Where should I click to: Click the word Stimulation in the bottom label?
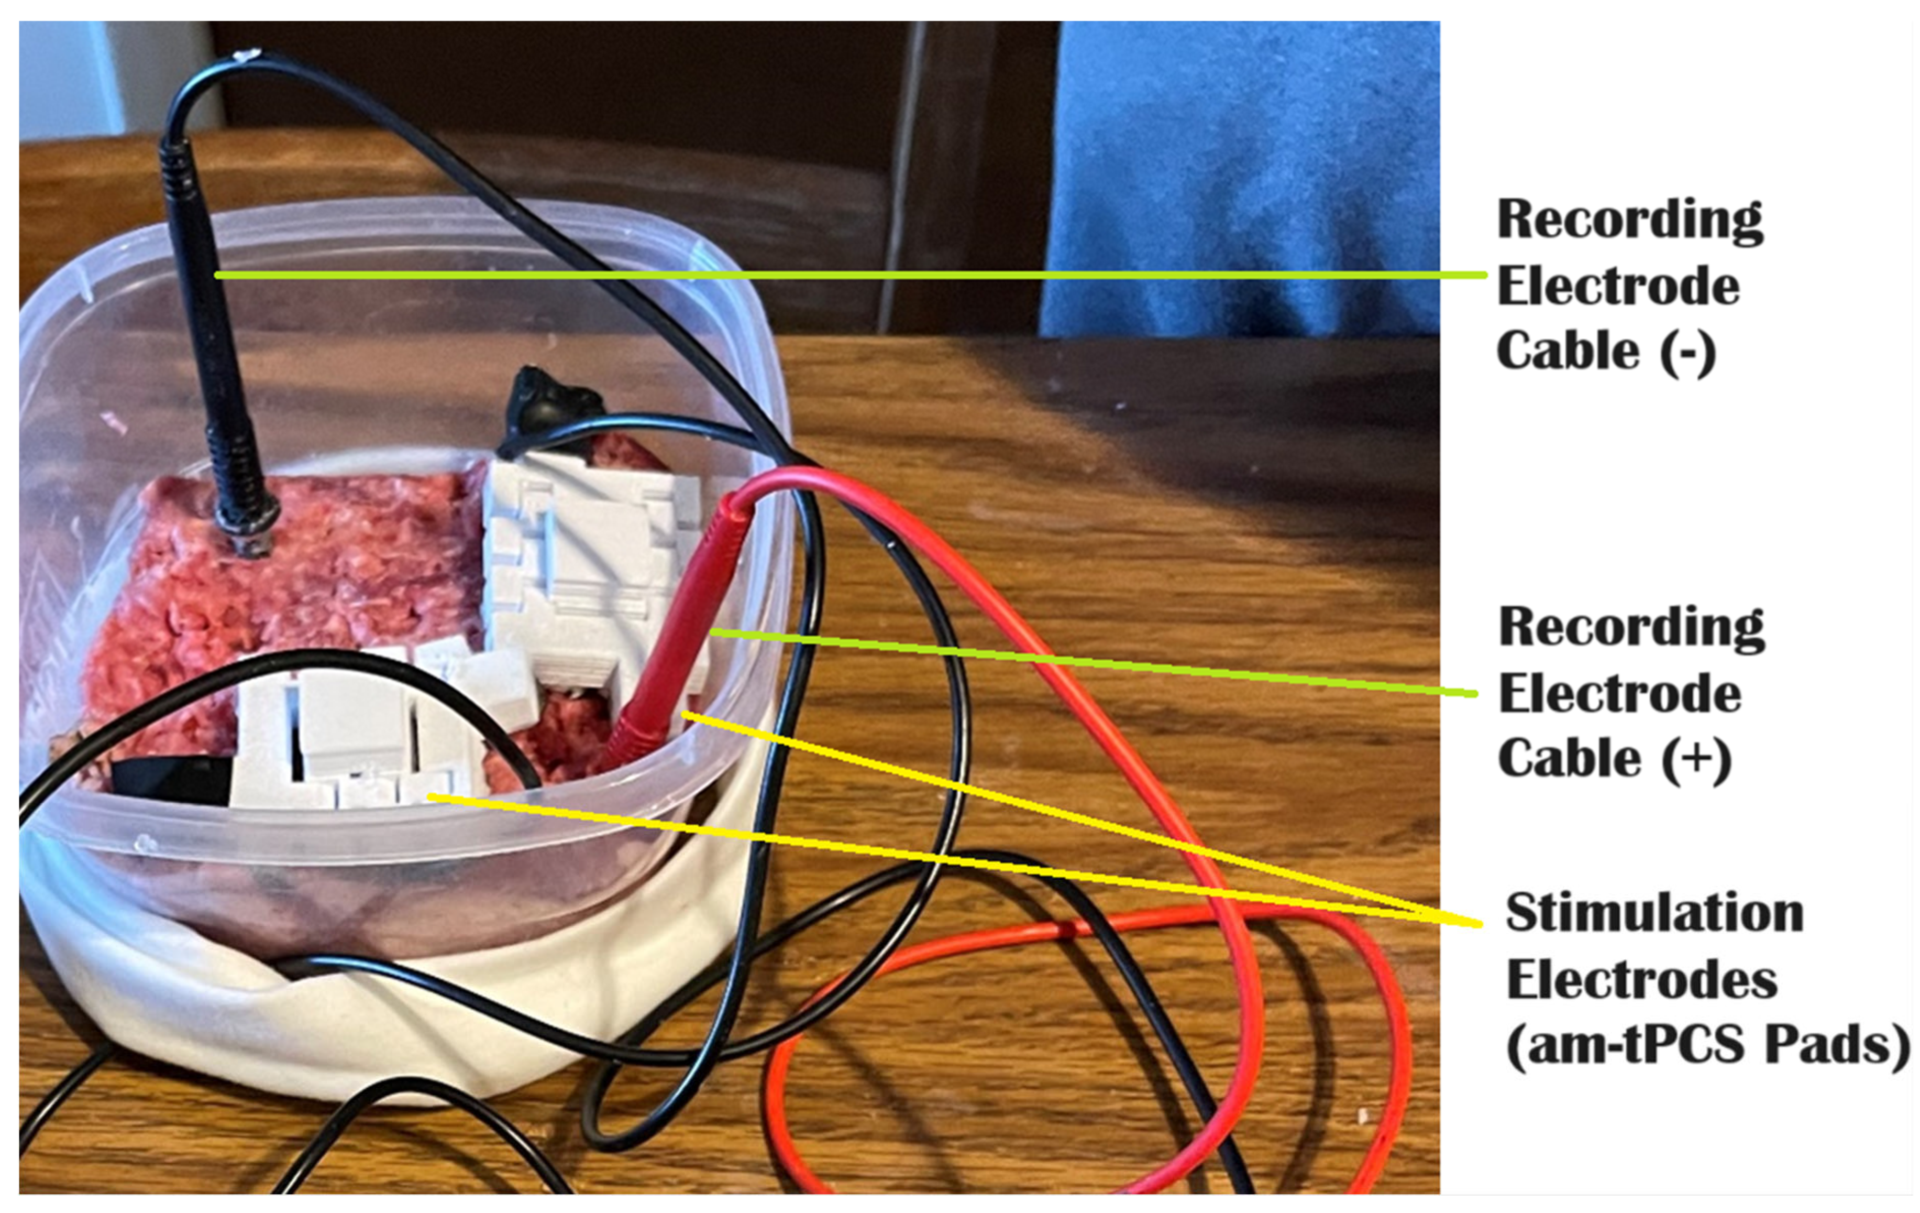click(x=1654, y=913)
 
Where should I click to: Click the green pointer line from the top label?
click(x=877, y=275)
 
